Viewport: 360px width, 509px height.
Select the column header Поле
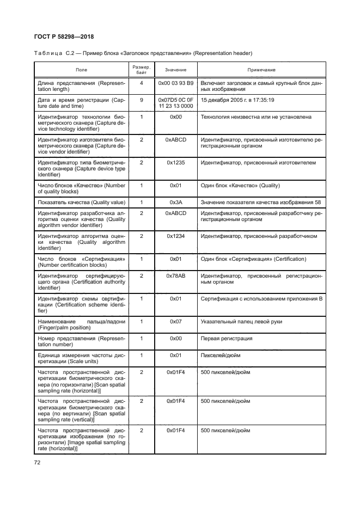tap(81, 70)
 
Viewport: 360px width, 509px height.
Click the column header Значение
tap(176, 70)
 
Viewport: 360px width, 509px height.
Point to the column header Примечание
tap(261, 70)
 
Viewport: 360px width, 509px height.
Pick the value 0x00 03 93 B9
tap(176, 83)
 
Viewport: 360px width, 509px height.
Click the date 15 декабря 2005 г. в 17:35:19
tap(237, 100)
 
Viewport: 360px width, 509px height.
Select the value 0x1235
tap(176, 163)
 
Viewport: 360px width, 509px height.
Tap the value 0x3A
tap(176, 202)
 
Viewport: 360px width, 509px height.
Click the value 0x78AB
tap(176, 275)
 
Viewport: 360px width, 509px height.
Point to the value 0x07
tap(176, 322)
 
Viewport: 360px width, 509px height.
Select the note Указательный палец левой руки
tap(241, 322)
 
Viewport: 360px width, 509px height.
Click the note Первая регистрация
tap(227, 338)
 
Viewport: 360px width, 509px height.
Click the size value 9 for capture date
tap(142, 100)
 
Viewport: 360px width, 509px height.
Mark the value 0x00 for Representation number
tap(176, 338)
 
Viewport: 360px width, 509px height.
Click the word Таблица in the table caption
tap(48, 53)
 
